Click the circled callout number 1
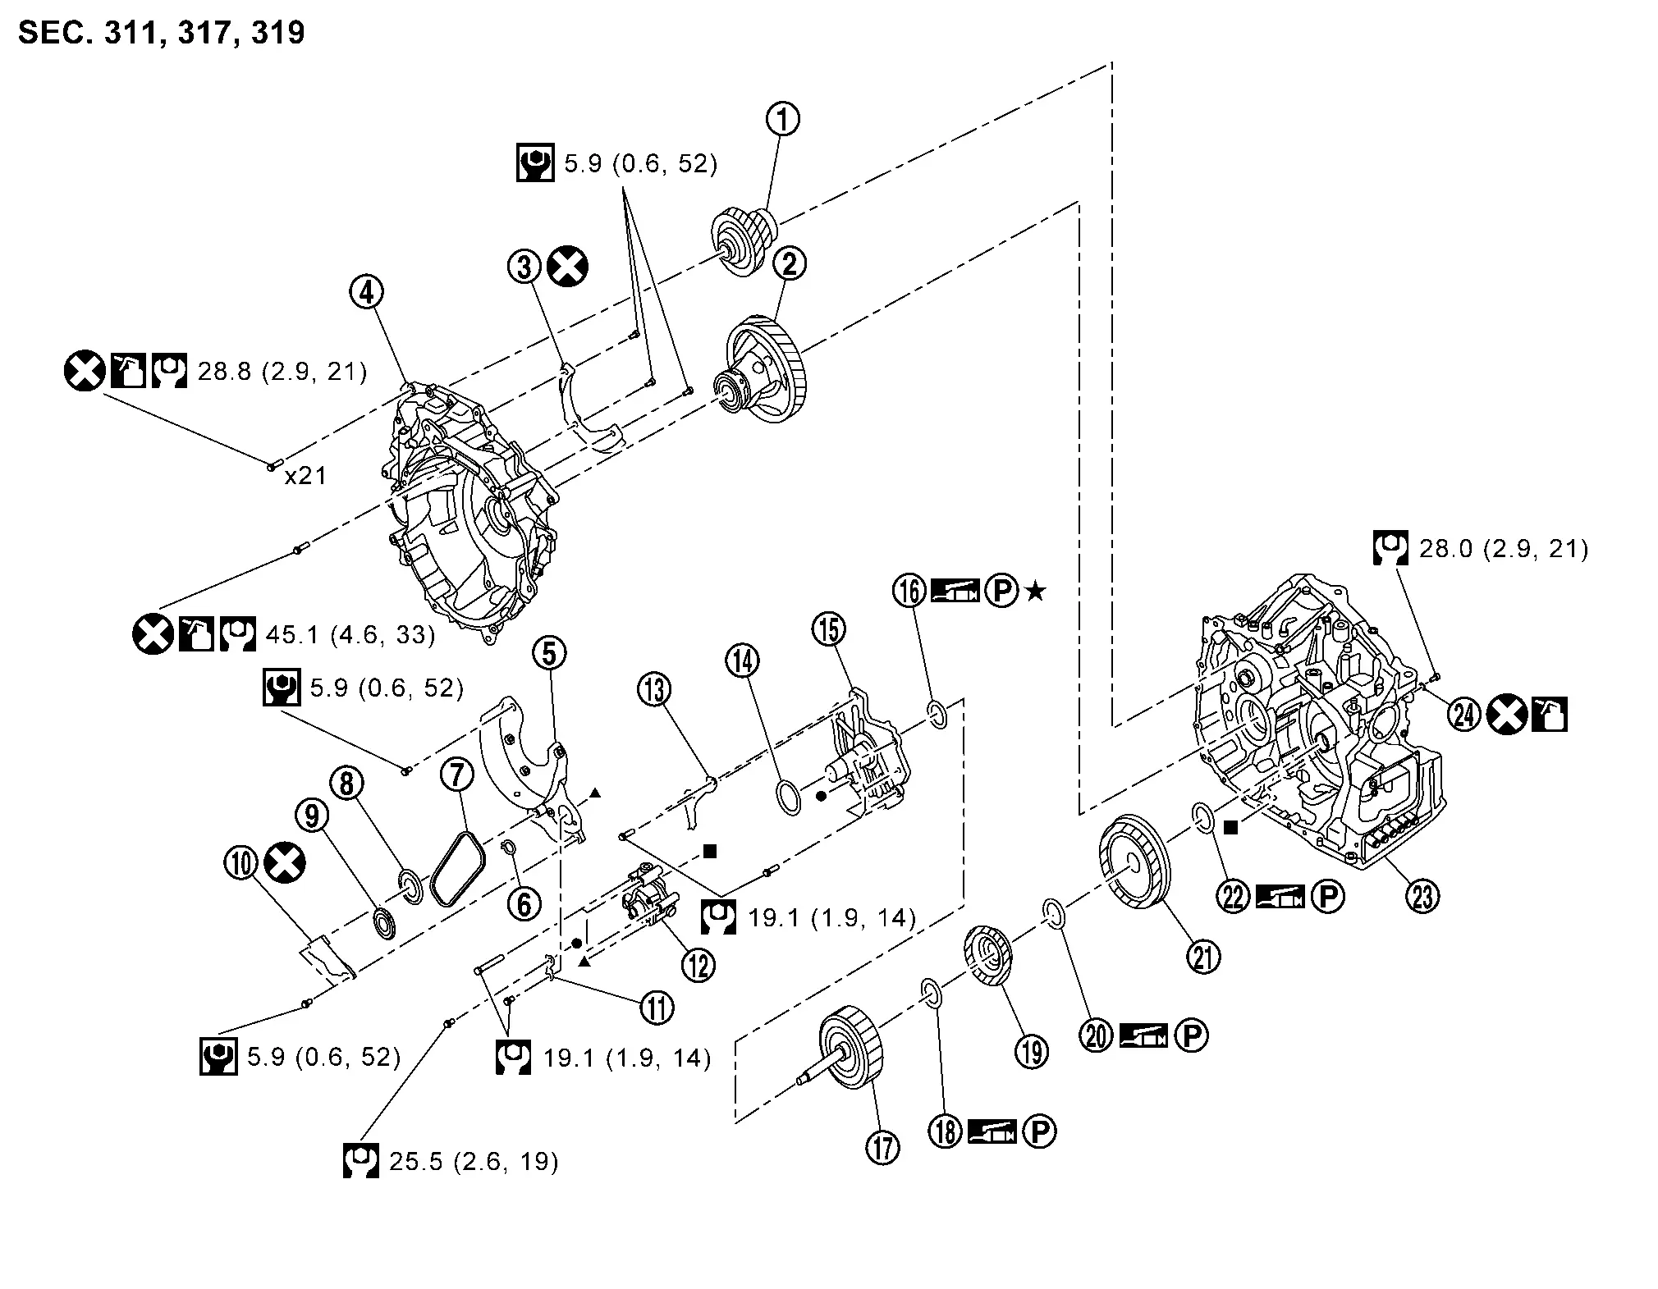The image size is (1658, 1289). [782, 119]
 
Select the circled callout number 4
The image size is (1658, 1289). [367, 290]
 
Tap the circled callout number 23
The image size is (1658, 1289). [1422, 896]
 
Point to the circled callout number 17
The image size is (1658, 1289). [882, 1146]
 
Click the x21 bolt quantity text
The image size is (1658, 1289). [305, 476]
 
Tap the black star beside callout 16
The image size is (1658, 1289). [1036, 591]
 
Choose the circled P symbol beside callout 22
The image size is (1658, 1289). [1327, 897]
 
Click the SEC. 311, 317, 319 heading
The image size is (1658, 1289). [162, 33]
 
